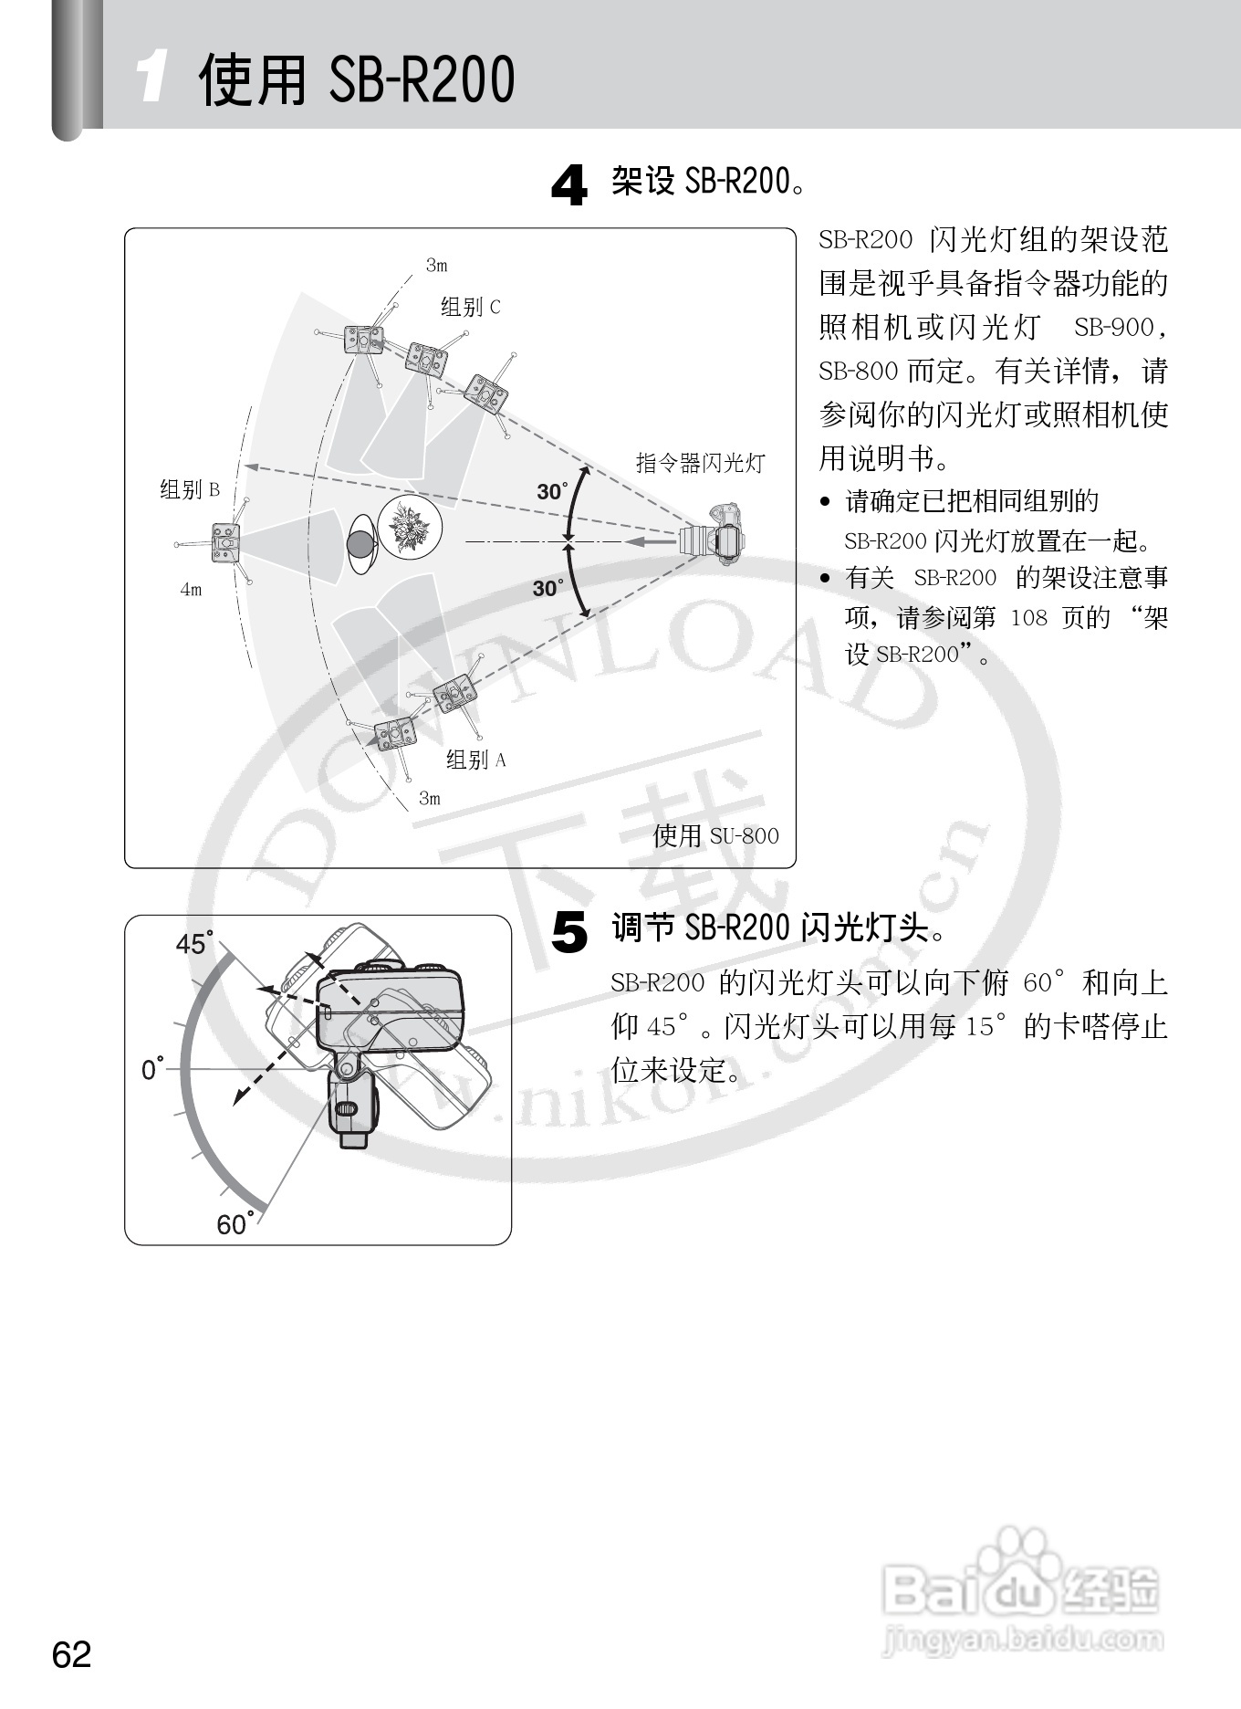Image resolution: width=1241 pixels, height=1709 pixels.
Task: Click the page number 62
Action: (x=72, y=1654)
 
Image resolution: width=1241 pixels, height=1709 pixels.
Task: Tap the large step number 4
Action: (x=569, y=185)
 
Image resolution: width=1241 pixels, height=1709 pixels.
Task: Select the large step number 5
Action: (x=569, y=933)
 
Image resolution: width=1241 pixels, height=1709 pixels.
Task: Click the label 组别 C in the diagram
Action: (x=470, y=307)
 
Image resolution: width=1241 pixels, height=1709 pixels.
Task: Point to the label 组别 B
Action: (x=190, y=489)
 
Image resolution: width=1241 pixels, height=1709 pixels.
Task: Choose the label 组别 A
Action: (x=475, y=760)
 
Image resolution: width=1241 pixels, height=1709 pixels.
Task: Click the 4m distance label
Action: (x=191, y=590)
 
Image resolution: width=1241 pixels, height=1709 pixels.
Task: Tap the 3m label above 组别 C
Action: (x=436, y=266)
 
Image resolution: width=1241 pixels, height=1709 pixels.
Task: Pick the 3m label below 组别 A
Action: (x=429, y=799)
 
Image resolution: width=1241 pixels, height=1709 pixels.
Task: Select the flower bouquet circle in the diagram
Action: (x=410, y=528)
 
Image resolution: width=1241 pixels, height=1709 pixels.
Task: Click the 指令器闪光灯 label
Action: (x=700, y=463)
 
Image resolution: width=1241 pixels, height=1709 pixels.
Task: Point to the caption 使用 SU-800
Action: (x=715, y=835)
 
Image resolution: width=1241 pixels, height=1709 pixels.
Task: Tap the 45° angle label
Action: (x=194, y=943)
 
